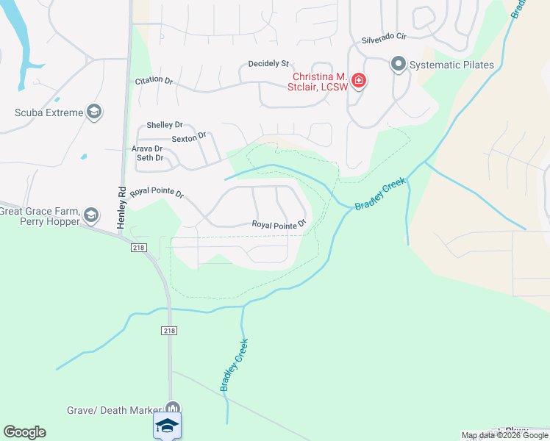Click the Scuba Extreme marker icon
pyautogui.click(x=93, y=112)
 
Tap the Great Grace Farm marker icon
pyautogui.click(x=91, y=215)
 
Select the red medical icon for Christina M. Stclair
pyautogui.click(x=358, y=81)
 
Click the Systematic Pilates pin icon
pyautogui.click(x=399, y=65)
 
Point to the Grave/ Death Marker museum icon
pyautogui.click(x=173, y=409)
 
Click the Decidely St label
pyautogui.click(x=269, y=65)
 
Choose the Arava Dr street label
pyautogui.click(x=147, y=148)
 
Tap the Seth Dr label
pyautogui.click(x=149, y=158)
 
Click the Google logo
pyautogui.click(x=24, y=432)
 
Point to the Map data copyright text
pyautogui.click(x=504, y=435)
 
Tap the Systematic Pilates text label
pyautogui.click(x=452, y=65)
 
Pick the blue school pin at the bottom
pyautogui.click(x=168, y=426)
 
